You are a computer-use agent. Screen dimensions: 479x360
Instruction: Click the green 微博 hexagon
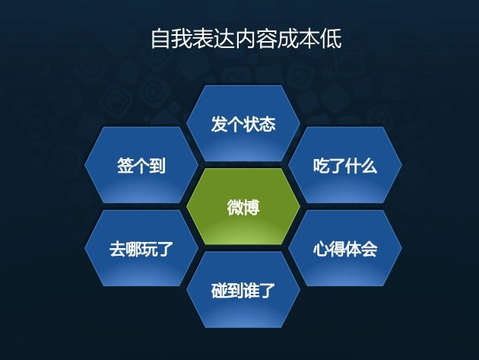(x=243, y=206)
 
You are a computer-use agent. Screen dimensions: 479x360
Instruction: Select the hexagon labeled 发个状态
(x=243, y=123)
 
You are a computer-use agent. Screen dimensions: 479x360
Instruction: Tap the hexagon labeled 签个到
(x=141, y=165)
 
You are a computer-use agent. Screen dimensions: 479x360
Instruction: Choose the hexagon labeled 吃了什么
(x=345, y=165)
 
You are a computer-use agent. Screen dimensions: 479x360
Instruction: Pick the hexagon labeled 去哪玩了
(x=141, y=248)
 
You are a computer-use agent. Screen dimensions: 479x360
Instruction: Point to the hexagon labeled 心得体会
(x=345, y=248)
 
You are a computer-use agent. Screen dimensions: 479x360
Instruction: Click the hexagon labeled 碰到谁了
(x=243, y=290)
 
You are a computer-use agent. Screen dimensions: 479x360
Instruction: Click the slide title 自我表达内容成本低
(x=246, y=39)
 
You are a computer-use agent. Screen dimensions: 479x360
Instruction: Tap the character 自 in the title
(x=160, y=39)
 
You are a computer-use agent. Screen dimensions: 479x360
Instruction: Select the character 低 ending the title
(x=331, y=39)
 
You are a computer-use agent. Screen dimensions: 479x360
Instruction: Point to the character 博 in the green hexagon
(x=252, y=207)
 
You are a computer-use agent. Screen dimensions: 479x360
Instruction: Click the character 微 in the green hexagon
(x=235, y=207)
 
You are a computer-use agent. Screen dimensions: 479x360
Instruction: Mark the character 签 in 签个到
(x=125, y=165)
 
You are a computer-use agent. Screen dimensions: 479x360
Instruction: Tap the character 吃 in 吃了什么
(x=321, y=166)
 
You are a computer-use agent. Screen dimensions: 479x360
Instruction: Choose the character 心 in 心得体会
(x=321, y=249)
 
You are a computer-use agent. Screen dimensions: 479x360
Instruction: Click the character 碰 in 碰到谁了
(x=219, y=291)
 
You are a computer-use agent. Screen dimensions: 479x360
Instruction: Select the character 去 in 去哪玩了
(x=117, y=249)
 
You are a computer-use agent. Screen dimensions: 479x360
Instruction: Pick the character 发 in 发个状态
(x=219, y=124)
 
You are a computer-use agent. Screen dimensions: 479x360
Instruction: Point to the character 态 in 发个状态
(x=268, y=124)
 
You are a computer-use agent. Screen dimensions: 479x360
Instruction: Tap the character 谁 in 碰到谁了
(x=252, y=291)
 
